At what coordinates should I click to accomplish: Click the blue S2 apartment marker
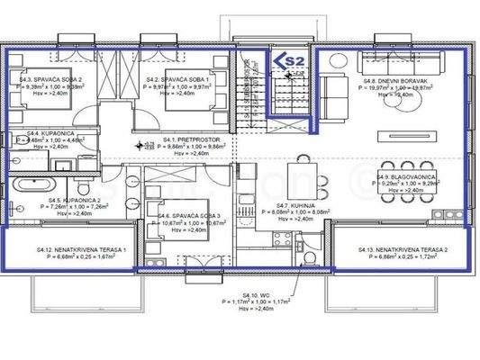pyautogui.click(x=289, y=60)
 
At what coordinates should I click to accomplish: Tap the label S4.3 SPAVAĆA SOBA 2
pyautogui.click(x=49, y=79)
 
